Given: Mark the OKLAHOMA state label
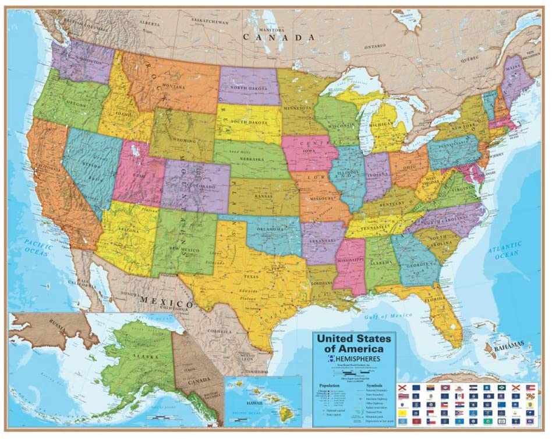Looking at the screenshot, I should [273, 228].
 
